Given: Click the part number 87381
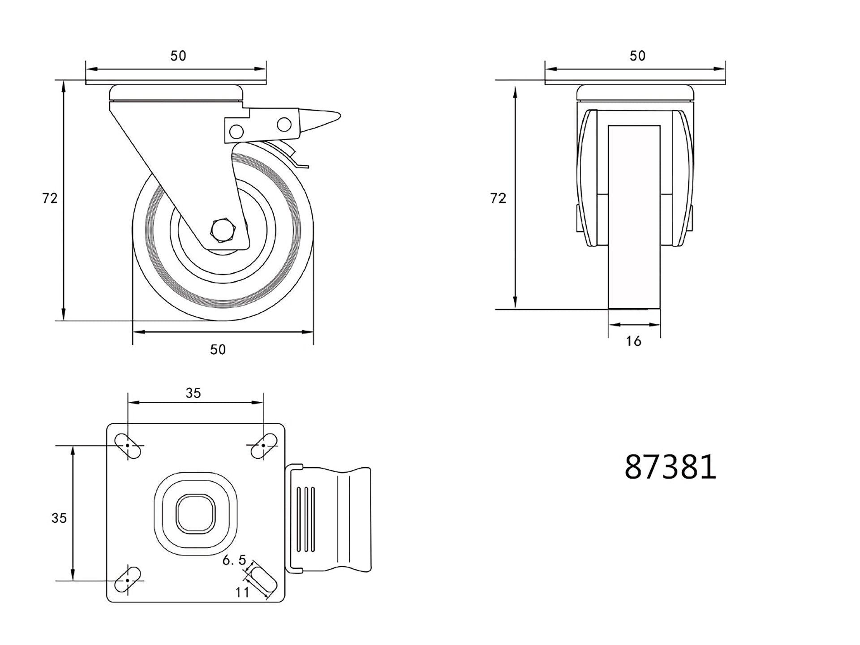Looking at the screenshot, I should coord(670,467).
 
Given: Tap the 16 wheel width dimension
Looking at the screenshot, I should coord(633,341).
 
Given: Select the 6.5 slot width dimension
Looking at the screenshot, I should coord(234,560).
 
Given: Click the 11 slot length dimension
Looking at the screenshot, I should coord(242,592).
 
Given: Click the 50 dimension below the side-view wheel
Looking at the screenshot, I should coord(218,349).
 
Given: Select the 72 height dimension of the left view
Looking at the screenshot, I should coord(50,198).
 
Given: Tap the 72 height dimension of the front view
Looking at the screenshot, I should coord(498,198).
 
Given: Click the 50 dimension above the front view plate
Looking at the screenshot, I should coord(637,56).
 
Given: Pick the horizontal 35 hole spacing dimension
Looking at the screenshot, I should coord(193,393).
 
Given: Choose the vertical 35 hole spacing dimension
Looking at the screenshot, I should coord(59,518).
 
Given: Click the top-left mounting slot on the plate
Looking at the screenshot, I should coord(128,446).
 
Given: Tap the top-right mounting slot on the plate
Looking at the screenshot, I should coord(263,446).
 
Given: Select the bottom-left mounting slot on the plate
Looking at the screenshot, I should coord(128,580).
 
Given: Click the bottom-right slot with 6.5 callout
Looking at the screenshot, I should coord(262,580).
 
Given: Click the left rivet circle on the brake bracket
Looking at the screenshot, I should coord(236,131).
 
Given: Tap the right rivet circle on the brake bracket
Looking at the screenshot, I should coord(284,124).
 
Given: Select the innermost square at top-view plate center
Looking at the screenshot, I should coord(196,513).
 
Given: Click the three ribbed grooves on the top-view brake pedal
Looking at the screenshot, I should coord(306,519).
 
